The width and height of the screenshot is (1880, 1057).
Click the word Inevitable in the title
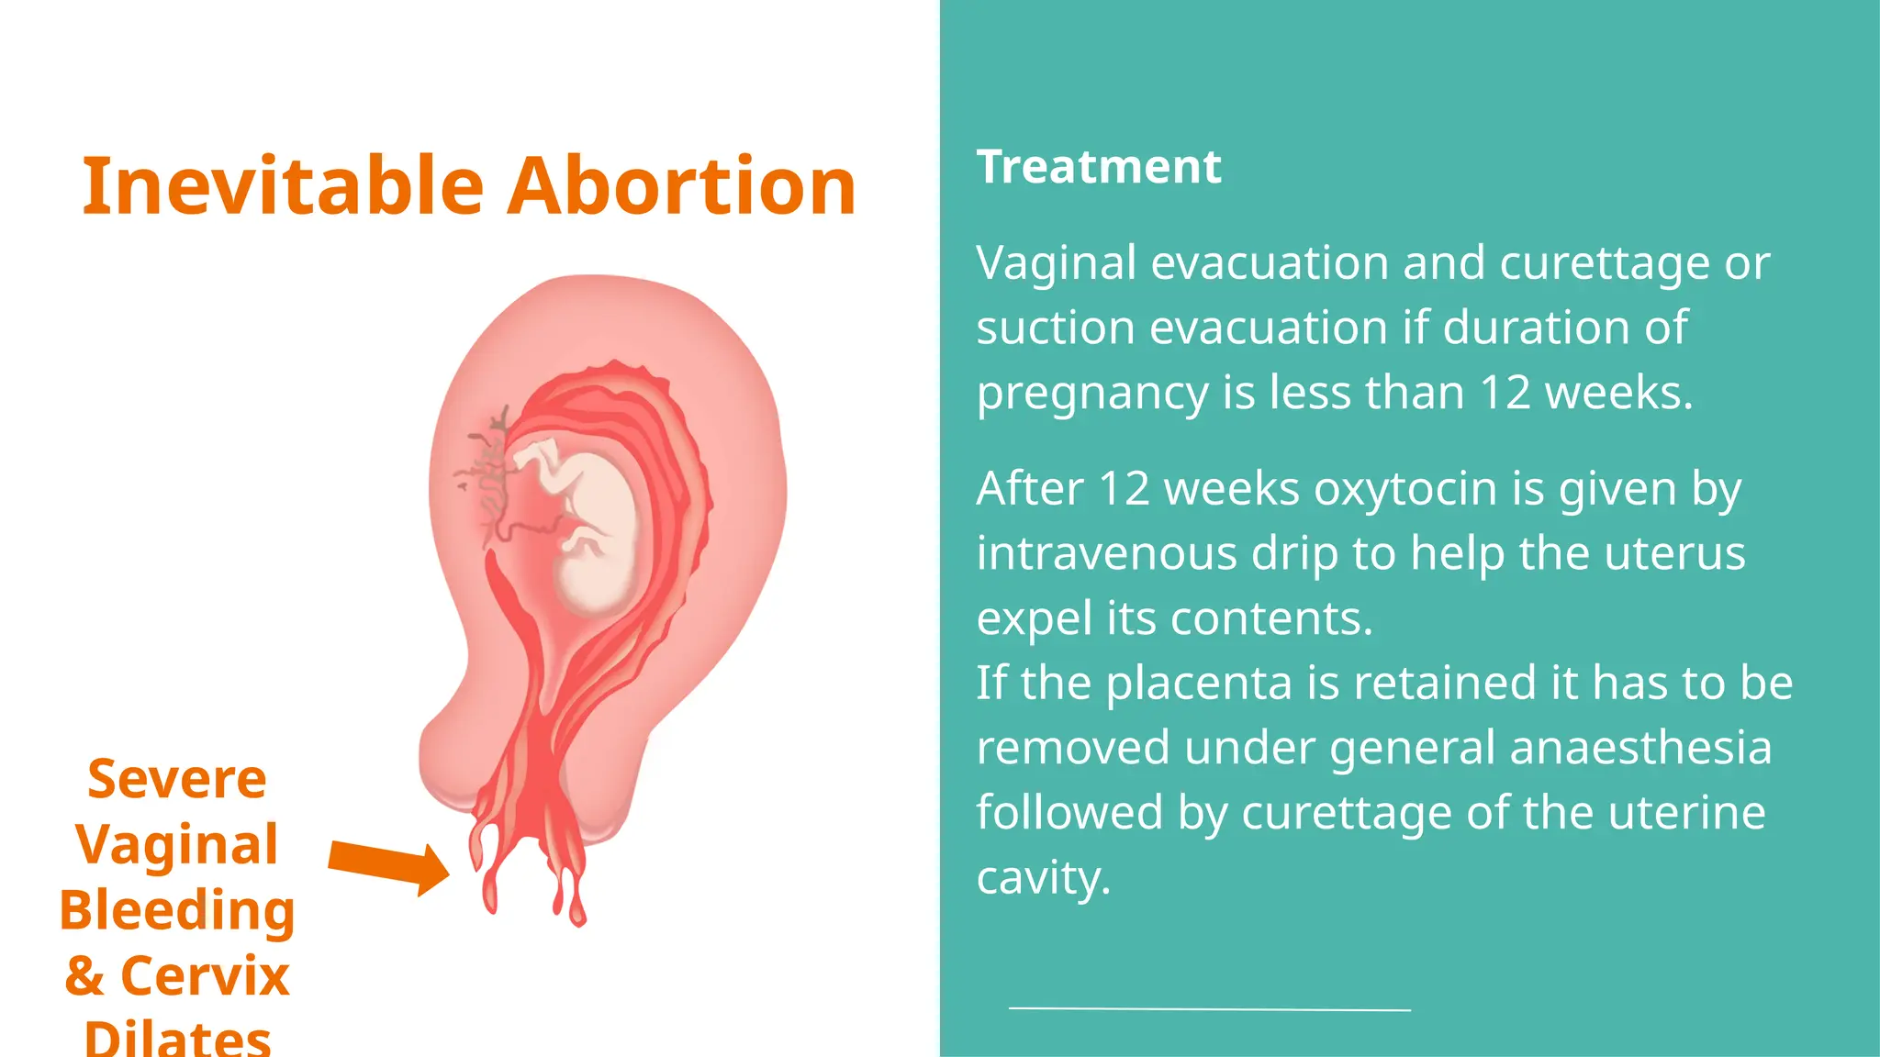283,186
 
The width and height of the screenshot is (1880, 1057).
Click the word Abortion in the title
681,186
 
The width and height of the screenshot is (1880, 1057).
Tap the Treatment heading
1099,167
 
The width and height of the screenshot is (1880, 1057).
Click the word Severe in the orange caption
177,779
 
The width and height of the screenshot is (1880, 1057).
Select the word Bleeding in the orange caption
177,909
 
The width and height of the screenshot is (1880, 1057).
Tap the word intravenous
1106,553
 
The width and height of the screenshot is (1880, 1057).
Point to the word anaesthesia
1640,748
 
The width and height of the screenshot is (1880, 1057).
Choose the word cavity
1043,878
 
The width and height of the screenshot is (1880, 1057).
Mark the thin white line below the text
1209,1009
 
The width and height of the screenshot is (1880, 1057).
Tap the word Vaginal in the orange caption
177,844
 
